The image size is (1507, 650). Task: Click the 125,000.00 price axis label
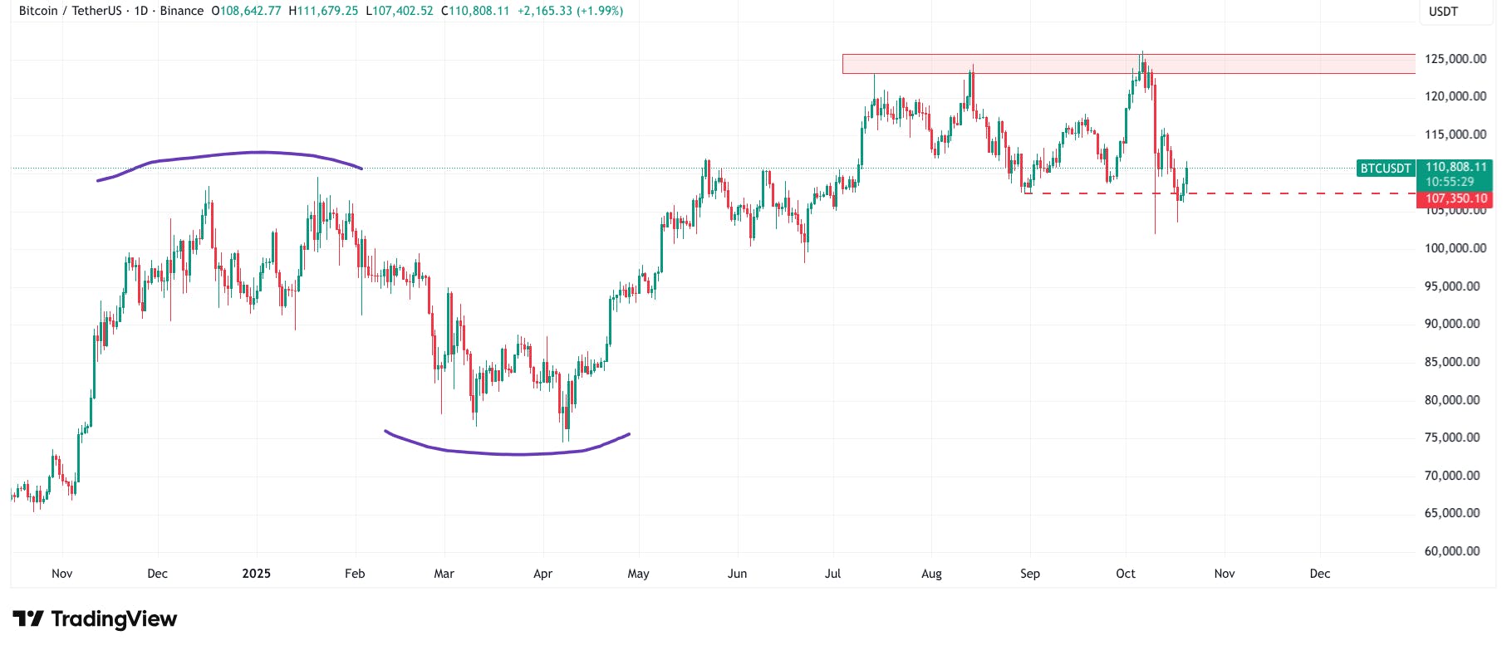tap(1455, 59)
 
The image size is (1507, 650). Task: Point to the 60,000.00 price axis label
tap(1452, 551)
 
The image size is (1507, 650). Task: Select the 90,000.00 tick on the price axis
tap(1452, 324)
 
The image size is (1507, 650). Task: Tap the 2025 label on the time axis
tap(256, 574)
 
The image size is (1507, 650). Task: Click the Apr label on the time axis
tap(542, 574)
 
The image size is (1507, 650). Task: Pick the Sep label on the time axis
tap(1029, 574)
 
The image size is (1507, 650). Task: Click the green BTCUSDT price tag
tap(1385, 169)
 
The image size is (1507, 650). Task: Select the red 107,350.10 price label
tap(1455, 199)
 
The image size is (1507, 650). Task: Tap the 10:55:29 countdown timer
tap(1450, 182)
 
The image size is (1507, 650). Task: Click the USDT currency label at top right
tap(1443, 12)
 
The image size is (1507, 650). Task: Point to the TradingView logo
tap(95, 619)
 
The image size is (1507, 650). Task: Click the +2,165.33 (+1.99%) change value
tap(570, 11)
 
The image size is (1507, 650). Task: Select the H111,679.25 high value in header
tap(323, 11)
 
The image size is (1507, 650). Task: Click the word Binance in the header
tap(182, 11)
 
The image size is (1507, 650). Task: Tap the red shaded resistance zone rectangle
tap(997, 64)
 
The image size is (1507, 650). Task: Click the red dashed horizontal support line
tap(1246, 193)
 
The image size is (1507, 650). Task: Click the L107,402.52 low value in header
tap(400, 11)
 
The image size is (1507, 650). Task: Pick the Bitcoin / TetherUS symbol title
tap(70, 11)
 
